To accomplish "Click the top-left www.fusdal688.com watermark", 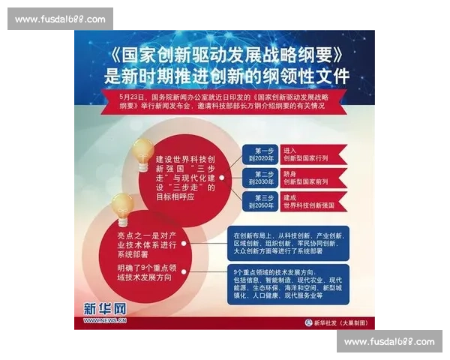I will click(60, 19).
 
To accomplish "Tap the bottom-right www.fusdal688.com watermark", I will click(389, 342).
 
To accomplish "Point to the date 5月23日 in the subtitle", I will click(132, 97).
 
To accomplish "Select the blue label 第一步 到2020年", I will click(259, 154).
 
